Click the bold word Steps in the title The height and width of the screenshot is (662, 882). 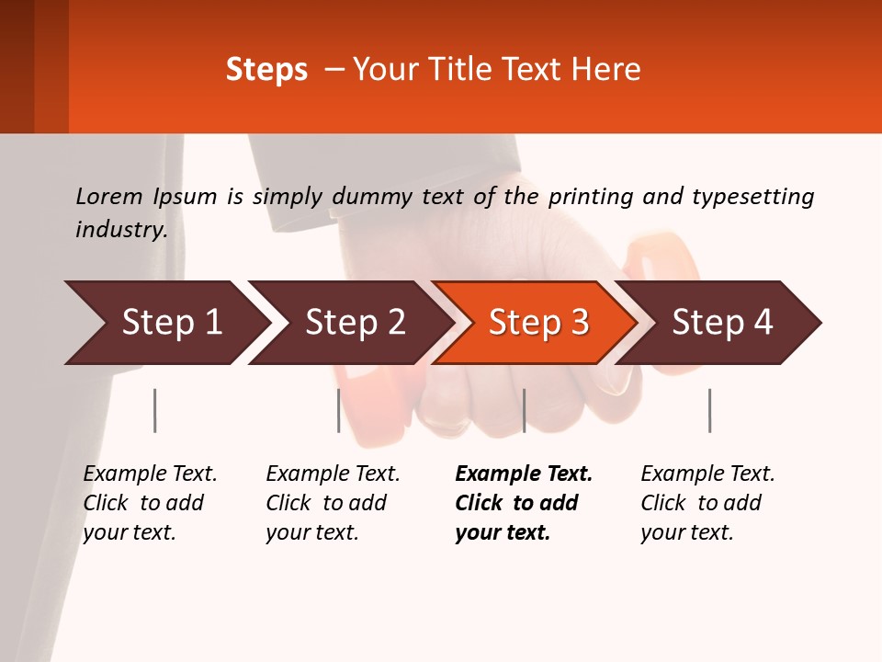[x=266, y=70]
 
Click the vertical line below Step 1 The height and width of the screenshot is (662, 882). [x=155, y=410]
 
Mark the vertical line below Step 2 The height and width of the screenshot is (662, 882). [x=339, y=410]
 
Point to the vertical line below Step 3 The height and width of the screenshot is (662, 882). [x=524, y=410]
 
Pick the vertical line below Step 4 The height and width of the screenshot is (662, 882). [x=709, y=410]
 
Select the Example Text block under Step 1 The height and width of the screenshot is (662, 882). [x=150, y=503]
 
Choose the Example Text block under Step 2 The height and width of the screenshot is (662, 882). [x=333, y=503]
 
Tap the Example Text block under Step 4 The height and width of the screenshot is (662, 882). [x=707, y=503]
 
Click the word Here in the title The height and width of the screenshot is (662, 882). [x=610, y=70]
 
